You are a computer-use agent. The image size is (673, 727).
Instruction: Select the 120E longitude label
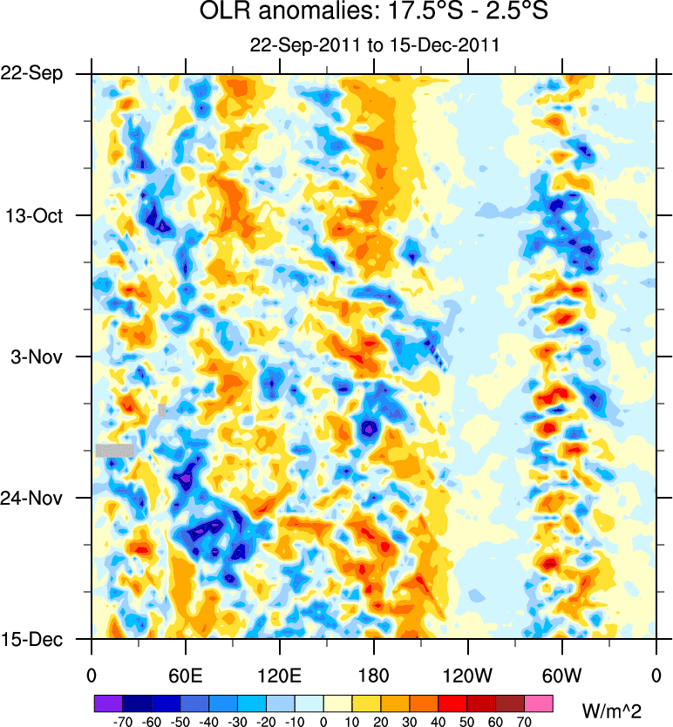coord(279,675)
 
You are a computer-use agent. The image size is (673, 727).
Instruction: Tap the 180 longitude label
coord(373,675)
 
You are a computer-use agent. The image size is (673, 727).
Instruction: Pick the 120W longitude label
coord(467,675)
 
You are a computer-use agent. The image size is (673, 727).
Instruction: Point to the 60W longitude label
coord(561,675)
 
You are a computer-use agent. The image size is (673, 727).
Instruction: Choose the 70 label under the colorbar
coord(524,721)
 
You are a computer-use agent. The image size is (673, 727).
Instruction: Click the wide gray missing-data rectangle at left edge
coord(115,450)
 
